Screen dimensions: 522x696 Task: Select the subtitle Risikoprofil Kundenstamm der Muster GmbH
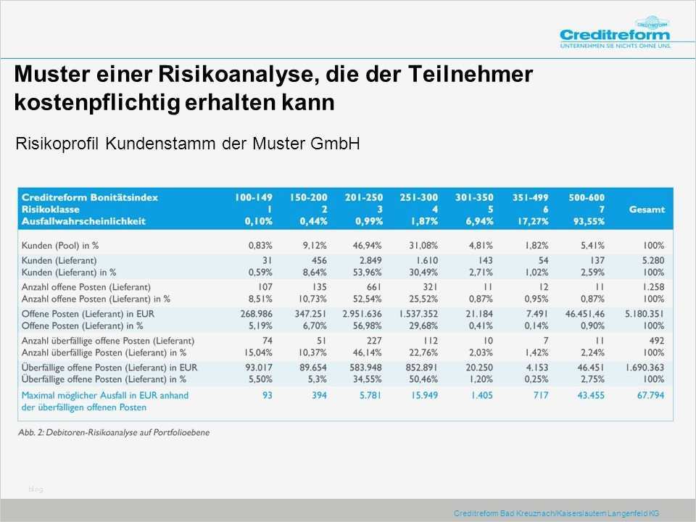(x=188, y=144)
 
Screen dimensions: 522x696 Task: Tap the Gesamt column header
(x=647, y=209)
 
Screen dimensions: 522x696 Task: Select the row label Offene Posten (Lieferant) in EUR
(x=87, y=313)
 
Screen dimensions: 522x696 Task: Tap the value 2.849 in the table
(x=368, y=260)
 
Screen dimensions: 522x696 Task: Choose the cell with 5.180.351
(x=645, y=313)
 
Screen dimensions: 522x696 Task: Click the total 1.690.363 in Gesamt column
(x=645, y=368)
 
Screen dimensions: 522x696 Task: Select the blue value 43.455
(x=591, y=395)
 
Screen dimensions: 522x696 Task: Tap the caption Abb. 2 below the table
(x=115, y=433)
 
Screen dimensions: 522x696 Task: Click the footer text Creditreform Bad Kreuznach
(x=555, y=513)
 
